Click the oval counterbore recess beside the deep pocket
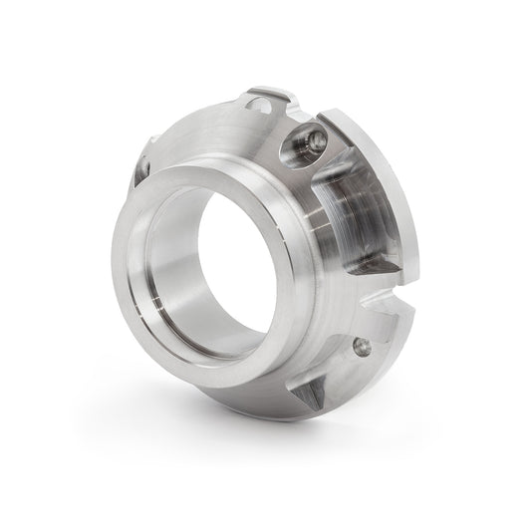coord(305,145)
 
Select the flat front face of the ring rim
coord(139,299)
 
